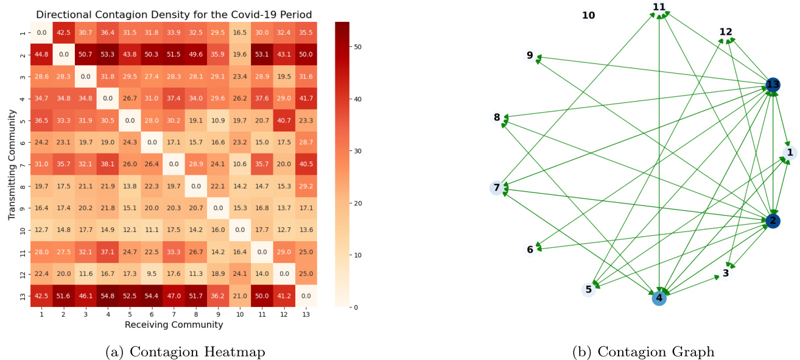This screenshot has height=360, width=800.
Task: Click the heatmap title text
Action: tap(174, 14)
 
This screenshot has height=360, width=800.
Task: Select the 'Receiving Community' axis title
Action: tap(174, 325)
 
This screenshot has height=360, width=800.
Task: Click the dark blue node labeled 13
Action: tap(773, 85)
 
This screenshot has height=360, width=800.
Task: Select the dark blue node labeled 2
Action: tap(773, 221)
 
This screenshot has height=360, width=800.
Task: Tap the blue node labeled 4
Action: tap(659, 298)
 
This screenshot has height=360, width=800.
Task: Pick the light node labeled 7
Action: tap(497, 188)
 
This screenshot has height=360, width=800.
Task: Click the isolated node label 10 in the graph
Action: tap(588, 15)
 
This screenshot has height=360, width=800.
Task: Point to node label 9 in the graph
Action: tap(530, 55)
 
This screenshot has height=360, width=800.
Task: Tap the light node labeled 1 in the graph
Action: tap(789, 152)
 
